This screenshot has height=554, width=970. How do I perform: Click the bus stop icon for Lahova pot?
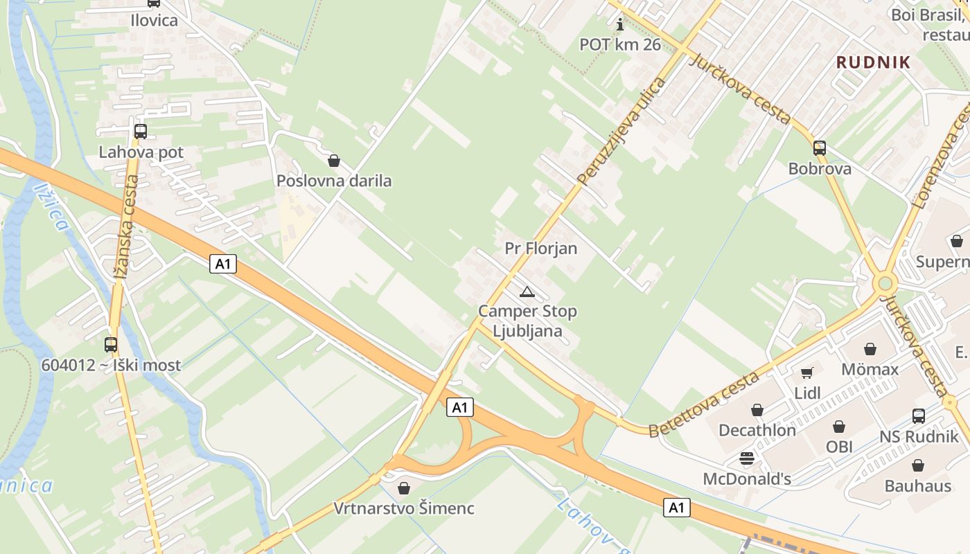pos(141,131)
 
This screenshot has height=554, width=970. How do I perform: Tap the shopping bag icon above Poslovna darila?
pos(334,161)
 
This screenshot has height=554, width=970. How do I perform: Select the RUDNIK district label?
pos(873,62)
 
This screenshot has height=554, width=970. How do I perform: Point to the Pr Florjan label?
pos(541,248)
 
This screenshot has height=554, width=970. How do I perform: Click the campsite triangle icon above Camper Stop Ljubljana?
pos(527,292)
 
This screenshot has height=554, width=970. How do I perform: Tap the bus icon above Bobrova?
pos(820,148)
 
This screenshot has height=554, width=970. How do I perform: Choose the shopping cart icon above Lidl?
pos(807,373)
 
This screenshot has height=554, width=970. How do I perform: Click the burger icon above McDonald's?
pos(746,458)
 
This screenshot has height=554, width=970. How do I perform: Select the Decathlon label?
pos(757,430)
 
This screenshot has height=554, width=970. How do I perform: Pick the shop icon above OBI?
pos(839,426)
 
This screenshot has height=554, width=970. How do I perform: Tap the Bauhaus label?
pos(917,486)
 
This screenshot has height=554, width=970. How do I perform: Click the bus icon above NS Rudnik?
pos(919,416)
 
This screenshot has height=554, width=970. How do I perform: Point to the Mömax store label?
pos(870,369)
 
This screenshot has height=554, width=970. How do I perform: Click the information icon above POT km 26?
pos(620,25)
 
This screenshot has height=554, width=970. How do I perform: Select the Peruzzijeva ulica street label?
pos(621,132)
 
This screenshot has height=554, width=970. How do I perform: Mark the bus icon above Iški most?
pos(111,344)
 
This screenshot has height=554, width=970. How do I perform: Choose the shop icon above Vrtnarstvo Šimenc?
pos(404,488)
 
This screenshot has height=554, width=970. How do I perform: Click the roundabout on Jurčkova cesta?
pos(885,283)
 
